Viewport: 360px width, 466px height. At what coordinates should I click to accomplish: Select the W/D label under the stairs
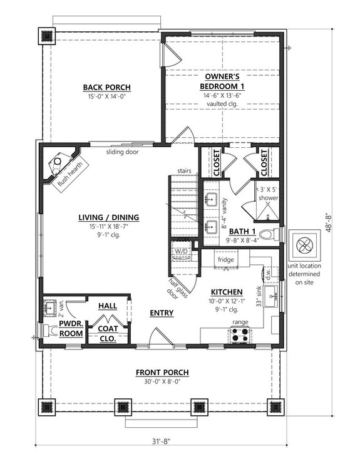[x=182, y=251]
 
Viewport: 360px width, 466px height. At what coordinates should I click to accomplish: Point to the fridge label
[x=225, y=259]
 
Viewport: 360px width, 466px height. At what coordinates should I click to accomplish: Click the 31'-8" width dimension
[x=162, y=449]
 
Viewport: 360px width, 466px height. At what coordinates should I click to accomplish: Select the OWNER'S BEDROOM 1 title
[x=222, y=81]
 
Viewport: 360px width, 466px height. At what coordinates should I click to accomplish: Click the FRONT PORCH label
[x=162, y=373]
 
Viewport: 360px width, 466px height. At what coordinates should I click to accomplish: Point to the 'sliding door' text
[x=121, y=152]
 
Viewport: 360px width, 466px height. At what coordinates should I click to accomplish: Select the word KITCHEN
[x=222, y=293]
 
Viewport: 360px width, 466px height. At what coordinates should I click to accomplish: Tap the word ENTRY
[x=161, y=313]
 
